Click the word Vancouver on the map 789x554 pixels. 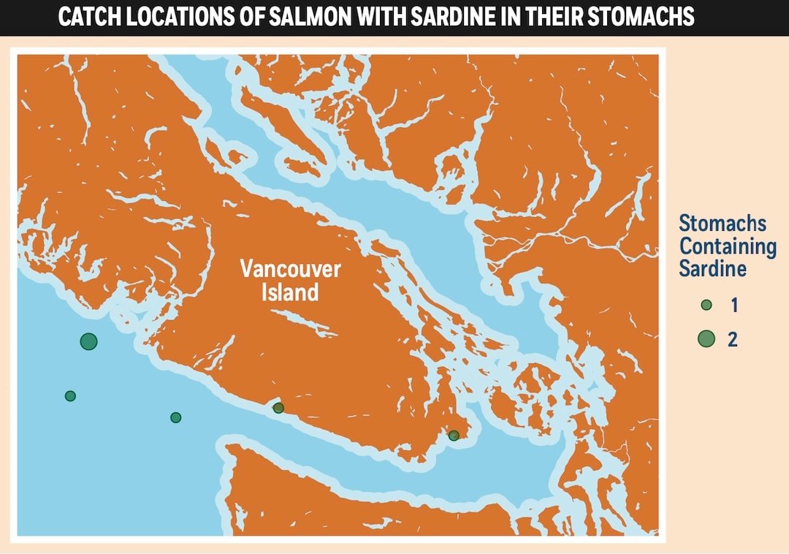point(290,269)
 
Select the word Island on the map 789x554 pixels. point(290,293)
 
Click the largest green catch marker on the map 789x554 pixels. point(89,341)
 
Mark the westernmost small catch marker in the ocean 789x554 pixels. point(70,396)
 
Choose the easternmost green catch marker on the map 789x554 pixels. point(454,436)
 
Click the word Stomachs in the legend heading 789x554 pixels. point(723,223)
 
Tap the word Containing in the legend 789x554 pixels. point(728,246)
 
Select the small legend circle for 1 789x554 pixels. point(706,306)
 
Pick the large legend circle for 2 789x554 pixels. point(706,338)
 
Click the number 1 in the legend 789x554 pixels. point(733,306)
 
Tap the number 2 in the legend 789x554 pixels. point(733,339)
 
